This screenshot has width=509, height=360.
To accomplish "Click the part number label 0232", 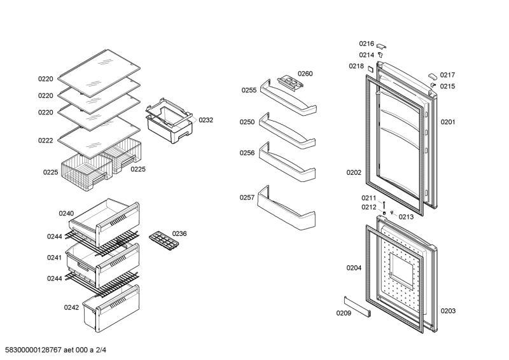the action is [x=206, y=120].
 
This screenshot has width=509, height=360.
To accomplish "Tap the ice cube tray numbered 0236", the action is [x=164, y=240].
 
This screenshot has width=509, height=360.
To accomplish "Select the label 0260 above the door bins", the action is [x=305, y=74].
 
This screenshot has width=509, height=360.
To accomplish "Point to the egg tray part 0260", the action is [x=290, y=81].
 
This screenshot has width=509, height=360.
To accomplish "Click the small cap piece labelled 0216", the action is [x=381, y=46].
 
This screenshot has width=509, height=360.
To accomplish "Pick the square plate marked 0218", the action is [x=370, y=69].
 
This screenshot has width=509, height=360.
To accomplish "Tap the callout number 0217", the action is [x=447, y=75].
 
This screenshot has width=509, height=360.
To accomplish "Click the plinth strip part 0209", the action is [x=358, y=306].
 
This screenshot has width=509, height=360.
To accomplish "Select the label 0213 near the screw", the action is [x=406, y=217].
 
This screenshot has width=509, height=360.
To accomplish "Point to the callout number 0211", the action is [x=369, y=198].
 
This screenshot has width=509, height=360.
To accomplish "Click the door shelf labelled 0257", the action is [x=286, y=208].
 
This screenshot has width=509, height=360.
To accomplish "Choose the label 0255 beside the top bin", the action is [x=249, y=90].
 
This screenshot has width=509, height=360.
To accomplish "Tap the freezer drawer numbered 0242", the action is [x=111, y=308].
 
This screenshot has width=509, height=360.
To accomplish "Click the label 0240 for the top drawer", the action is [x=66, y=213].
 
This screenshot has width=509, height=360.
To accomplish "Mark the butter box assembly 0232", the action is [x=169, y=120].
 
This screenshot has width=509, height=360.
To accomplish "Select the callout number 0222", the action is [x=45, y=141].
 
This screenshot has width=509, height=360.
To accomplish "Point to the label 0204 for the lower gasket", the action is [x=354, y=268].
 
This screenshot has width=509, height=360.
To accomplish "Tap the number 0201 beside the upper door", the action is [x=448, y=122].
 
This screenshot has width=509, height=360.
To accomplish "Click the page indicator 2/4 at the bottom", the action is [x=101, y=350].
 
